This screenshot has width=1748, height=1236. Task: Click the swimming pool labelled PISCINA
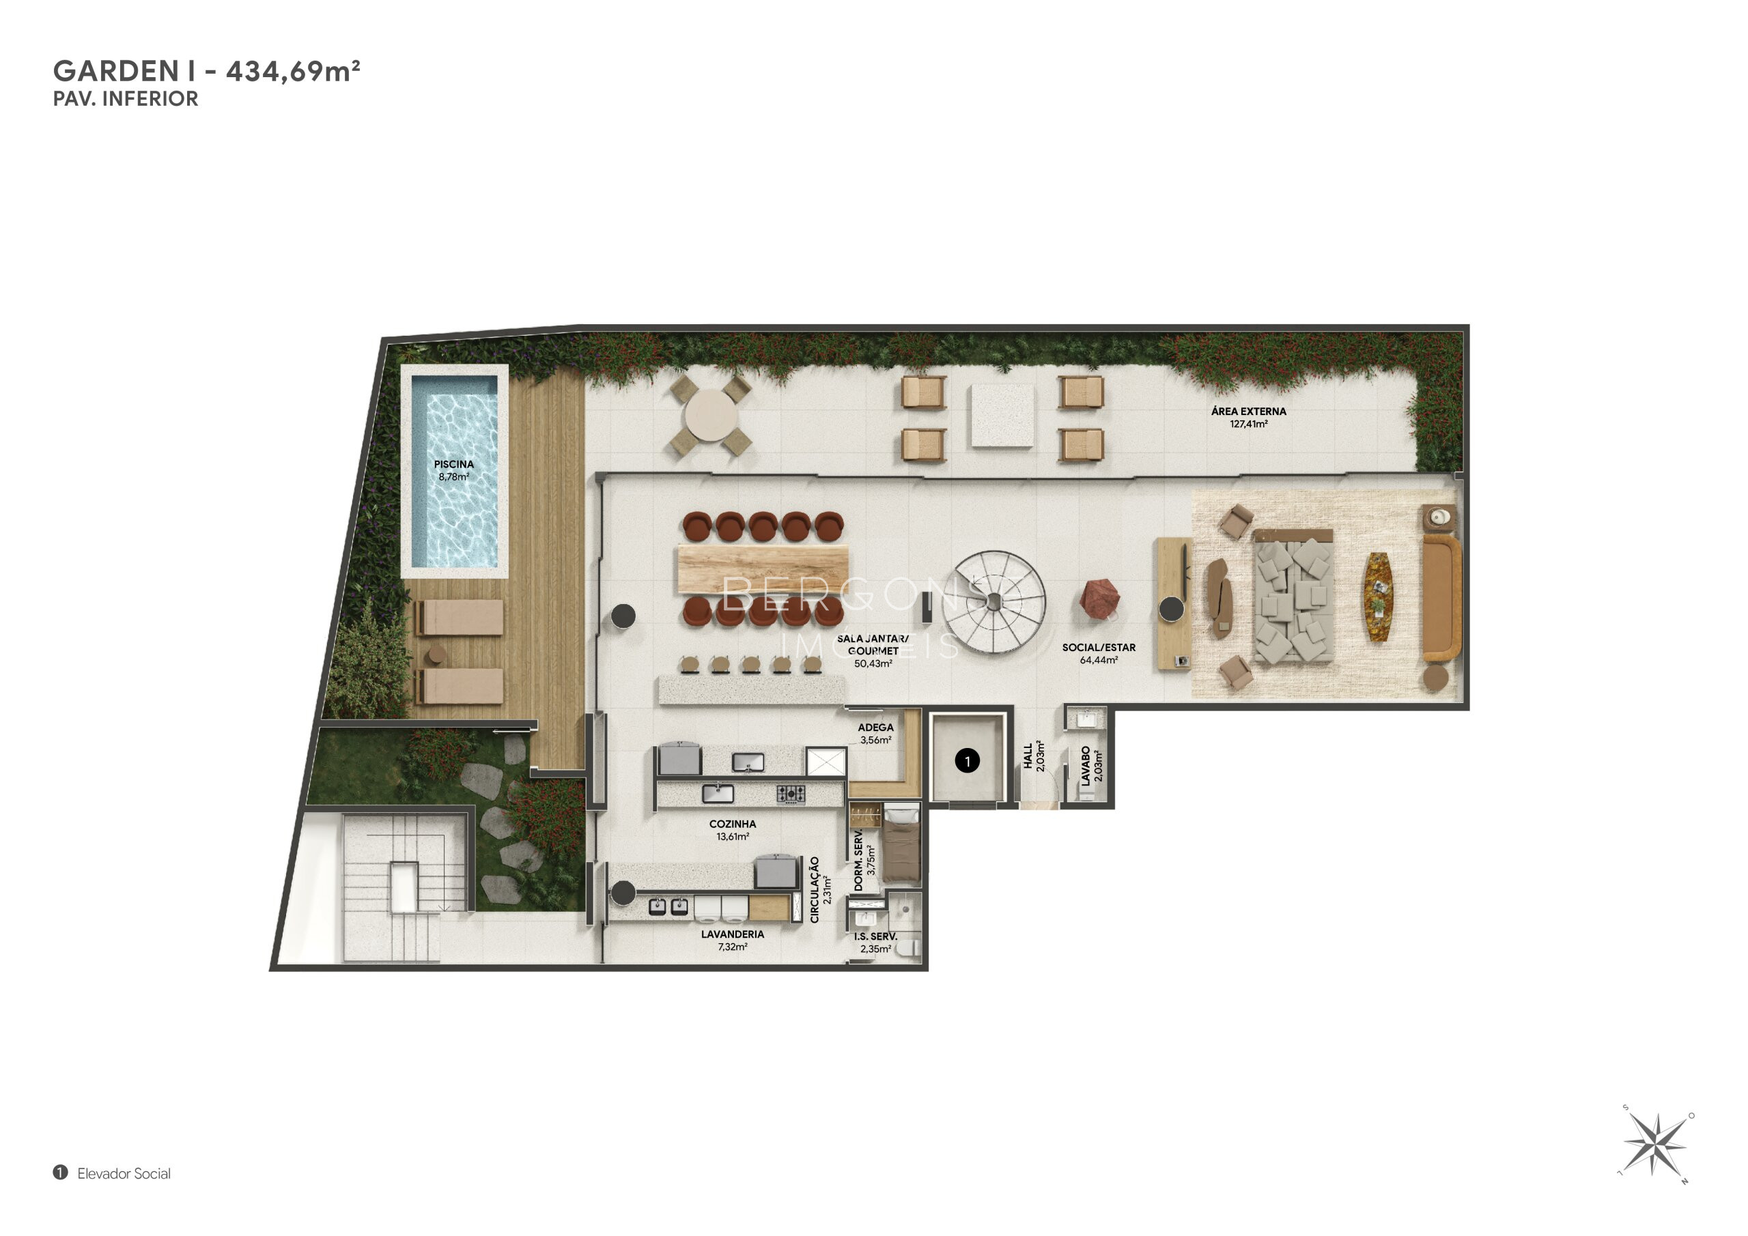tap(455, 471)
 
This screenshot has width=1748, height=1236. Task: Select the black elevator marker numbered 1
tap(967, 760)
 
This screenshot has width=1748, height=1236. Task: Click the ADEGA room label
tap(875, 728)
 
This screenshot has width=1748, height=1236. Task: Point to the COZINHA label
tap(733, 824)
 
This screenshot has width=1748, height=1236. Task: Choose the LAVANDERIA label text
tap(733, 934)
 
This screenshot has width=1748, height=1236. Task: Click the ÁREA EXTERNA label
tap(1249, 411)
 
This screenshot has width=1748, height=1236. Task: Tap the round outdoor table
tap(709, 416)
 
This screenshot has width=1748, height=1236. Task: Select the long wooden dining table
tap(762, 569)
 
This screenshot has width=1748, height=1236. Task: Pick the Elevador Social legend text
tap(124, 1174)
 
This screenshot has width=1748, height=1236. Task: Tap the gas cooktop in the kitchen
tap(791, 794)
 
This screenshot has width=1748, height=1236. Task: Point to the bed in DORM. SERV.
tap(901, 846)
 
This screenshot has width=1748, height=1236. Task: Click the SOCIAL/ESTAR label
tap(1099, 648)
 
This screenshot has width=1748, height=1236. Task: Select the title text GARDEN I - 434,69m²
tap(206, 71)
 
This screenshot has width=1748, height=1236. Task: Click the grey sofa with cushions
tap(1293, 595)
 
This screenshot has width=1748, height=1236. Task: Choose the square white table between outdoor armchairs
tap(1002, 416)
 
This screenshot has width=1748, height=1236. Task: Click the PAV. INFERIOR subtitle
tap(126, 99)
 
